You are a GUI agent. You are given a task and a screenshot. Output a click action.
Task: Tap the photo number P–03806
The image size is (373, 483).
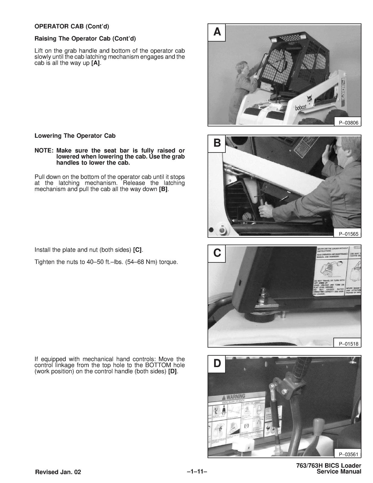click(348, 123)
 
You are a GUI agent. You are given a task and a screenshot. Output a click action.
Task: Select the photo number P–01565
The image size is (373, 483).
click(348, 234)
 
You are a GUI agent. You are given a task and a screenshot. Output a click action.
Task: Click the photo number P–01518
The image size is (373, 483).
click(348, 344)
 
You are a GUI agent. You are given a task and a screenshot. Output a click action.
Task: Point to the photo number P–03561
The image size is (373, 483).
click(348, 454)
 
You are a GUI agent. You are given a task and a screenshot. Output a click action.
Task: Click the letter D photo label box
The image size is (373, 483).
click(217, 363)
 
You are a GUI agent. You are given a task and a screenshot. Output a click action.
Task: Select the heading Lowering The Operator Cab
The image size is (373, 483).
click(75, 136)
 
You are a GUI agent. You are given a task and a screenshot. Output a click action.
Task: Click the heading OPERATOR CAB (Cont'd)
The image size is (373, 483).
click(72, 27)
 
